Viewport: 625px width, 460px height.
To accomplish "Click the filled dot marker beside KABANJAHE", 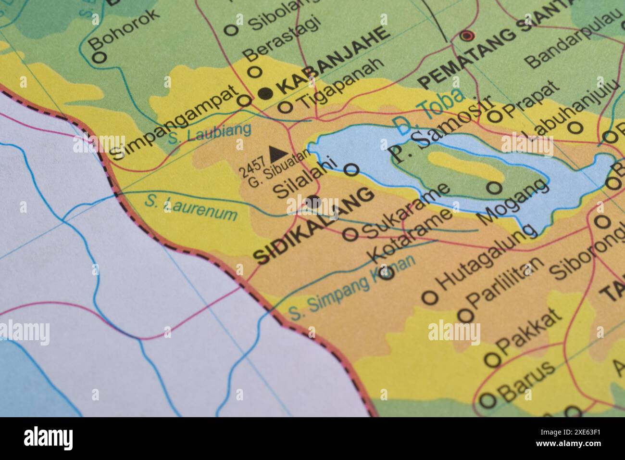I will point(265,93).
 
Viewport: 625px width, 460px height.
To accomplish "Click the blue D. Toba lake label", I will point(428,111).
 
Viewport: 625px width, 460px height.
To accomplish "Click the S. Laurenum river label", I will point(191,206).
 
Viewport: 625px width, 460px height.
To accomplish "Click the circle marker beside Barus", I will point(488,400).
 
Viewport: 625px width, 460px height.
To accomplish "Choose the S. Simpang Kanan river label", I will point(351,289).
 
